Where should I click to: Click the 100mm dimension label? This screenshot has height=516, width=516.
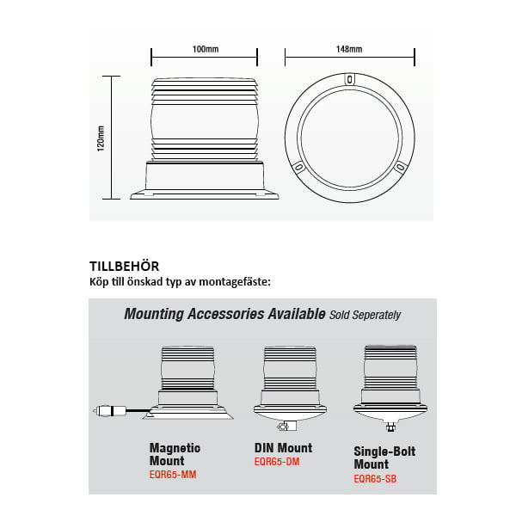pyautogui.click(x=206, y=49)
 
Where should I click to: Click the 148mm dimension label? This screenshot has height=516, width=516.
pyautogui.click(x=349, y=49)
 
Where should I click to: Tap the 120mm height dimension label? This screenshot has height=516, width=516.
pyautogui.click(x=101, y=138)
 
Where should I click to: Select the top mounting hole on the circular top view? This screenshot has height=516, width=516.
pyautogui.click(x=349, y=79)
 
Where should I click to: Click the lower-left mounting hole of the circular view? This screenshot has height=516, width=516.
pyautogui.click(x=298, y=167)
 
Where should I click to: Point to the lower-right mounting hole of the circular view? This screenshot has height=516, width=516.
pyautogui.click(x=400, y=167)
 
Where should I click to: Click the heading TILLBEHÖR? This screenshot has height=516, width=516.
pyautogui.click(x=125, y=267)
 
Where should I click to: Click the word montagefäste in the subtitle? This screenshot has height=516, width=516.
pyautogui.click(x=235, y=282)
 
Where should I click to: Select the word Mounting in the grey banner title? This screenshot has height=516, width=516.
pyautogui.click(x=154, y=314)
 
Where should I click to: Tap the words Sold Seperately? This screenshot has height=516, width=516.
pyautogui.click(x=365, y=315)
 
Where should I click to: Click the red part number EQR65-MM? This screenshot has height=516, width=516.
pyautogui.click(x=173, y=475)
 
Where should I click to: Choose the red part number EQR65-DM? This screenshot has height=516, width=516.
pyautogui.click(x=277, y=462)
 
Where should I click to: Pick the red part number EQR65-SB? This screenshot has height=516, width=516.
pyautogui.click(x=375, y=478)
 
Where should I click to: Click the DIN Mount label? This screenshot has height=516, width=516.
pyautogui.click(x=283, y=448)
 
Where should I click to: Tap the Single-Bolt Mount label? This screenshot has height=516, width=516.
pyautogui.click(x=384, y=458)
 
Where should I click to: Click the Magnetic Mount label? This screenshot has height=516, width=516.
pyautogui.click(x=175, y=454)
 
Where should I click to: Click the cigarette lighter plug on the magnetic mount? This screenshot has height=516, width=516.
pyautogui.click(x=109, y=411)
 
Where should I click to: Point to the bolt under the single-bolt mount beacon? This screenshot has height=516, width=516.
pyautogui.click(x=390, y=427)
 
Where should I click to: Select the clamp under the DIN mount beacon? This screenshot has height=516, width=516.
pyautogui.click(x=286, y=427)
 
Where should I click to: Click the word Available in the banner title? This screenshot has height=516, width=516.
pyautogui.click(x=297, y=314)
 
